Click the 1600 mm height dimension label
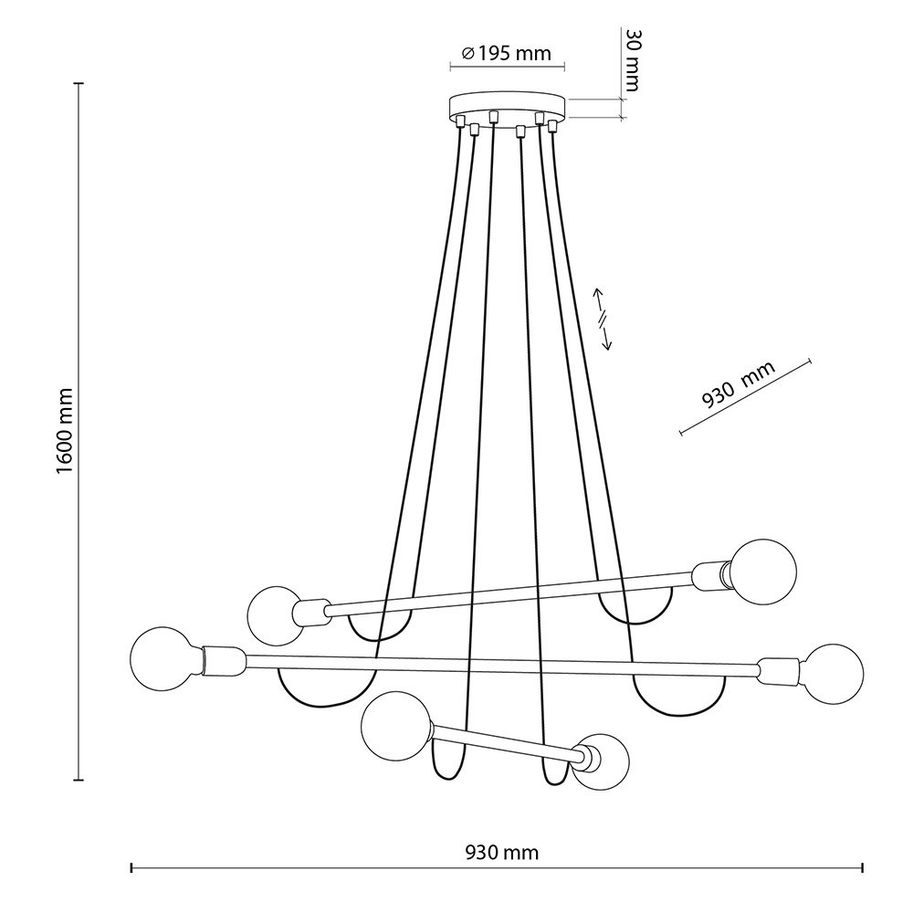tap(66, 430)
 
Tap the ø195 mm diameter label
tap(506, 54)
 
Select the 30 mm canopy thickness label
tap(632, 60)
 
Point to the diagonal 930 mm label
tap(739, 385)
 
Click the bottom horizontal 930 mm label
tap(502, 853)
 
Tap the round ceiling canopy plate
tap(507, 105)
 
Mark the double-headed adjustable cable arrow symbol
tap(602, 319)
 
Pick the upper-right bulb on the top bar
tap(762, 572)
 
